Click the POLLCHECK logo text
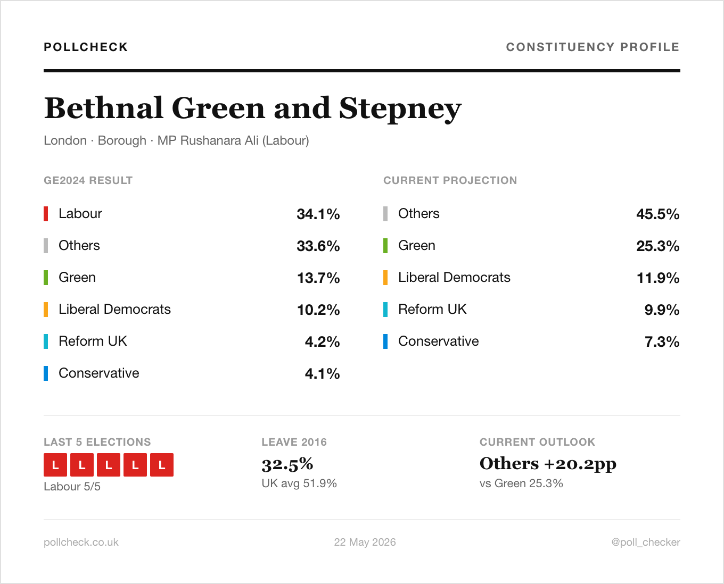click(86, 47)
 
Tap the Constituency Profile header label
click(593, 47)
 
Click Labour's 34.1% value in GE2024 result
click(318, 214)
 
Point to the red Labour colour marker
click(46, 214)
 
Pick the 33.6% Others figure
click(318, 246)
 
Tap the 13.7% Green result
click(318, 278)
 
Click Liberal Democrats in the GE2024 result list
click(114, 310)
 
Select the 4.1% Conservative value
click(322, 373)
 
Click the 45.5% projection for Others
click(657, 214)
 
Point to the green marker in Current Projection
click(385, 246)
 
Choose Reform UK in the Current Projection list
click(432, 310)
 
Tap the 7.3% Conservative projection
click(662, 341)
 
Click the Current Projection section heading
click(450, 180)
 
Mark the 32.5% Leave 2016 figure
click(287, 464)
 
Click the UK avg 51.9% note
click(299, 483)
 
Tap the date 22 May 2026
click(365, 542)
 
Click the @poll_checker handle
click(646, 543)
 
